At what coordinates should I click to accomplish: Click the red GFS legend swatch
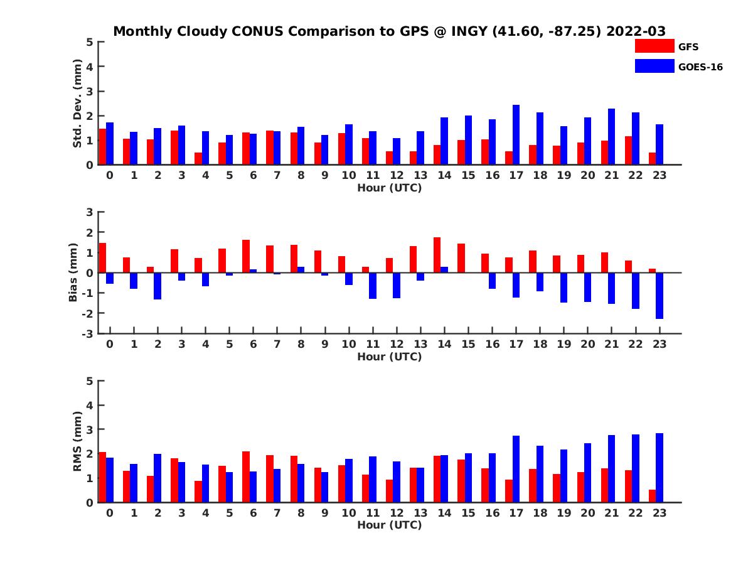[x=654, y=46]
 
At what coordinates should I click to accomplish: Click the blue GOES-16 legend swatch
[x=654, y=66]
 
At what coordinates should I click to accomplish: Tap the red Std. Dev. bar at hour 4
[x=198, y=158]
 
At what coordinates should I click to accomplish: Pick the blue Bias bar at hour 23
[x=660, y=296]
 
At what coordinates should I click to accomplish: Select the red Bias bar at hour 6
[x=246, y=256]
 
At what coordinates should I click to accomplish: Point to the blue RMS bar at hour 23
[x=660, y=468]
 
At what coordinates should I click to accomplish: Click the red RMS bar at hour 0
[x=102, y=477]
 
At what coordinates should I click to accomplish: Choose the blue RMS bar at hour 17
[x=516, y=469]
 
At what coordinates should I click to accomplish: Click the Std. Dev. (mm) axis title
[x=78, y=104]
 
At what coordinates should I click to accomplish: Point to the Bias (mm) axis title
[x=74, y=272]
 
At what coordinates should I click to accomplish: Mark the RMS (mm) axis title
[x=78, y=441]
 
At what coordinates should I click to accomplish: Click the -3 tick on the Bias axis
[x=90, y=333]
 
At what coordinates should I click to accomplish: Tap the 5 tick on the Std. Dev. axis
[x=90, y=42]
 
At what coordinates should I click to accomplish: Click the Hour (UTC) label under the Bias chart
[x=389, y=357]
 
